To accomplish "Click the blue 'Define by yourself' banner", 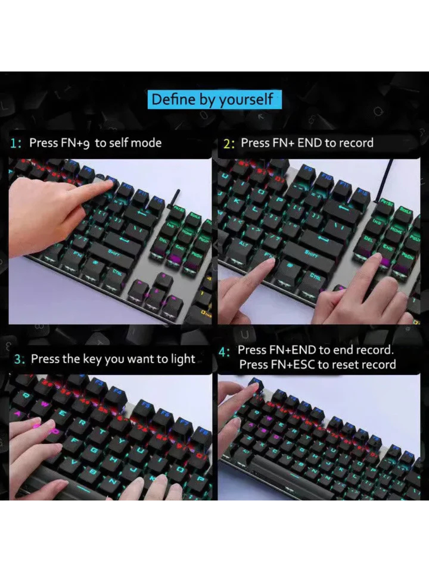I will [214, 100].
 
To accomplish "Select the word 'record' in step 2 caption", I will [354, 143].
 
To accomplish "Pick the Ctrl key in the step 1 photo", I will [116, 271].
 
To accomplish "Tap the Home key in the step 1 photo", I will [187, 232].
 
